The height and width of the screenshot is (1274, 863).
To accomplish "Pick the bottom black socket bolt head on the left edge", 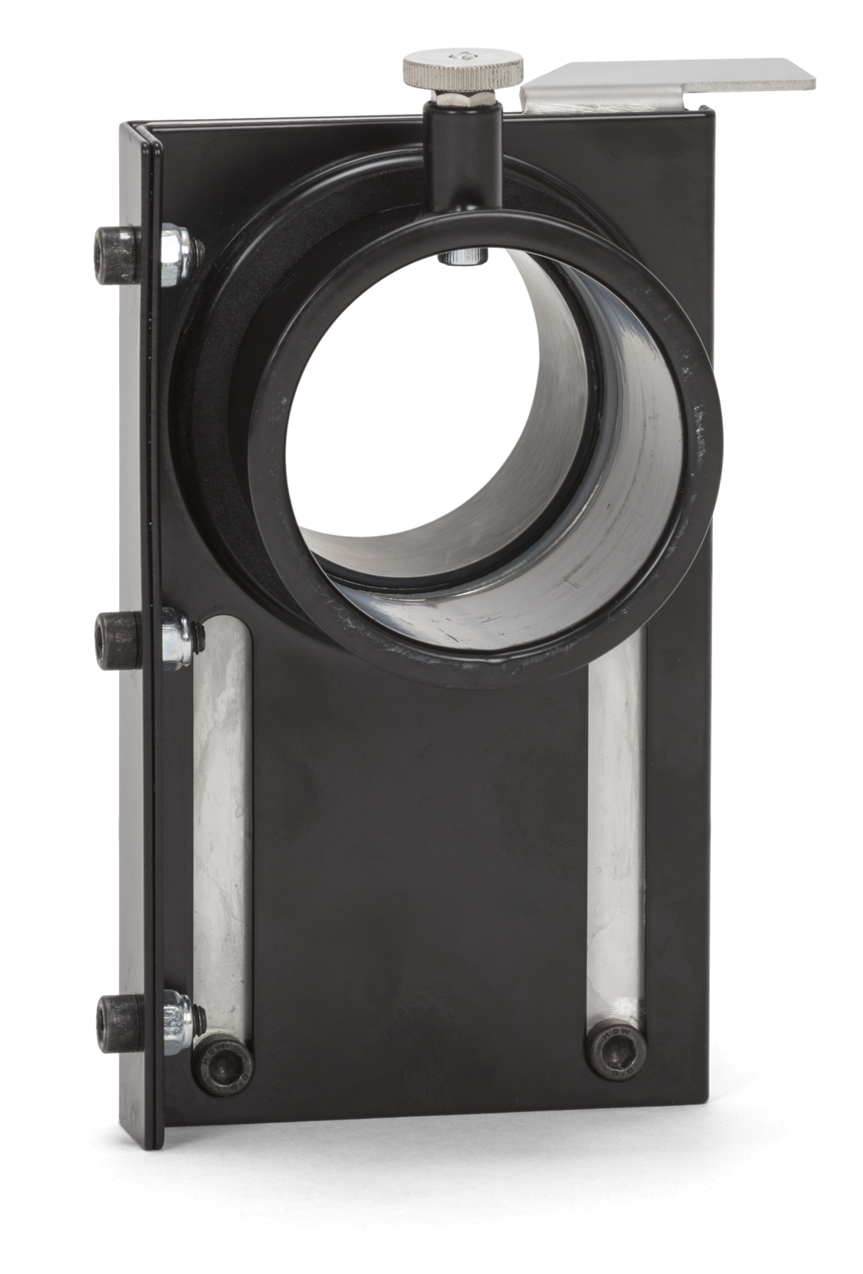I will [121, 1024].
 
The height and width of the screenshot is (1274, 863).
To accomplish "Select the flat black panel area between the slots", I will [420, 894].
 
